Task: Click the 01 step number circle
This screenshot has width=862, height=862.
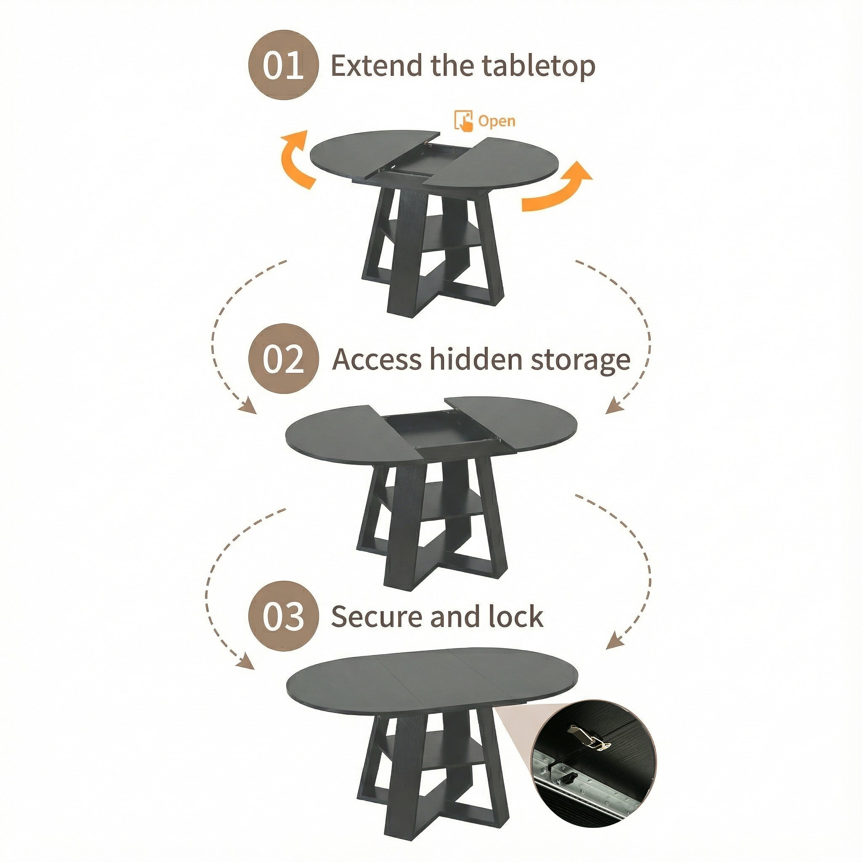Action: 283,65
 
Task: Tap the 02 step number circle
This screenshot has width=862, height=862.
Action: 283,359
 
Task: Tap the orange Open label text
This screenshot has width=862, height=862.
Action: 497,120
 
